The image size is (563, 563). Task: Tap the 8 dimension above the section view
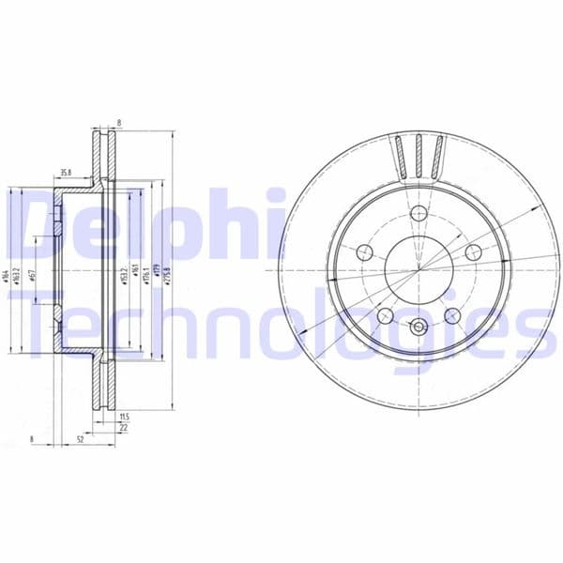point(119,122)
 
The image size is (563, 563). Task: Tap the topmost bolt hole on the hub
point(418,214)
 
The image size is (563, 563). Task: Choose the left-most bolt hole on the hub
point(364,251)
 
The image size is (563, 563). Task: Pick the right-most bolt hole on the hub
point(473,251)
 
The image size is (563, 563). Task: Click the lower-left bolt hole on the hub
point(384,315)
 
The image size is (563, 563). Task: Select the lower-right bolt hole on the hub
point(452,315)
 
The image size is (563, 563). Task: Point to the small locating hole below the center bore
point(418,327)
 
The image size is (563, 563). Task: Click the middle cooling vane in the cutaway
point(418,155)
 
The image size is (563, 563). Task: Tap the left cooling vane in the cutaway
point(401,156)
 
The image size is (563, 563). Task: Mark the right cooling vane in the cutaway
point(436,156)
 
